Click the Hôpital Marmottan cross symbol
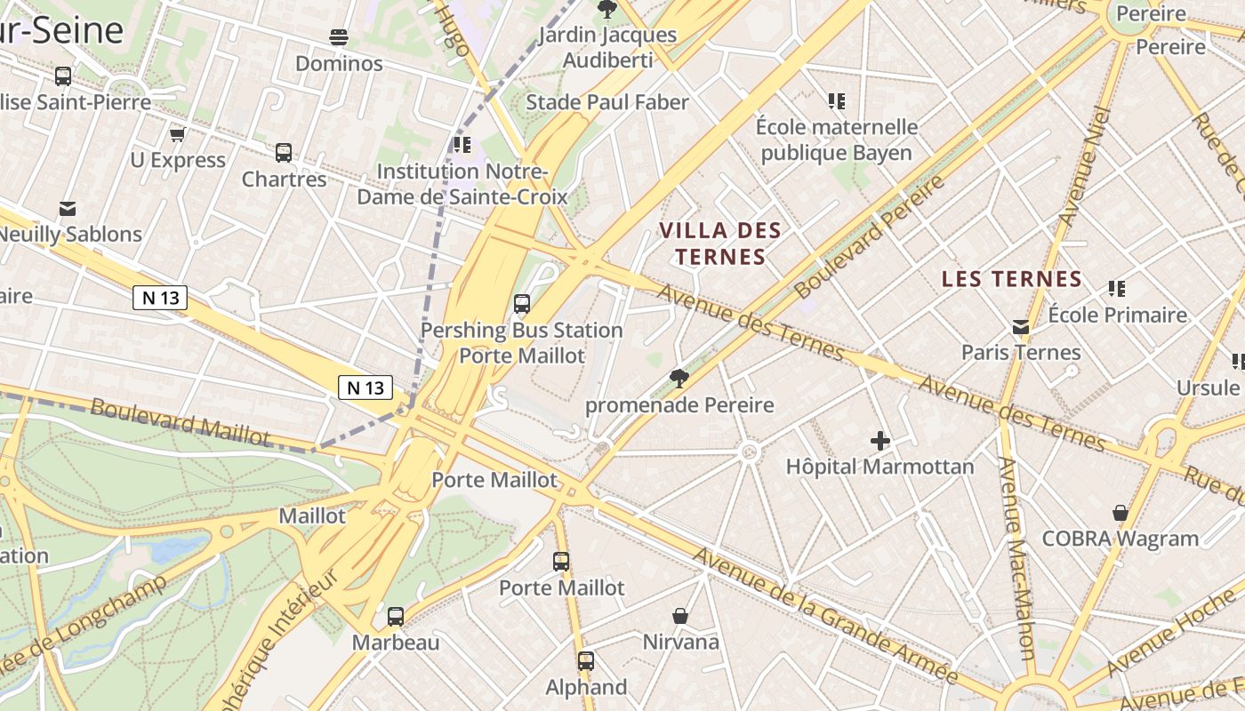click(880, 440)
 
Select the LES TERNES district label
click(1012, 279)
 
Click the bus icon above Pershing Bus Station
click(522, 304)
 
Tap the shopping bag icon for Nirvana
click(680, 616)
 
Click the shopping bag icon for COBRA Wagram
click(1120, 513)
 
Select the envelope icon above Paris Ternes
click(1021, 327)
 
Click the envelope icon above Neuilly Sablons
click(68, 209)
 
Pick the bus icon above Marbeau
click(396, 616)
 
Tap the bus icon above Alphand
click(585, 661)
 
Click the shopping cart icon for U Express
click(177, 134)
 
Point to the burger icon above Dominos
click(339, 37)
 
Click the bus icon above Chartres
click(284, 153)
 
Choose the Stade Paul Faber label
click(607, 102)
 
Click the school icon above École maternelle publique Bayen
click(836, 101)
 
